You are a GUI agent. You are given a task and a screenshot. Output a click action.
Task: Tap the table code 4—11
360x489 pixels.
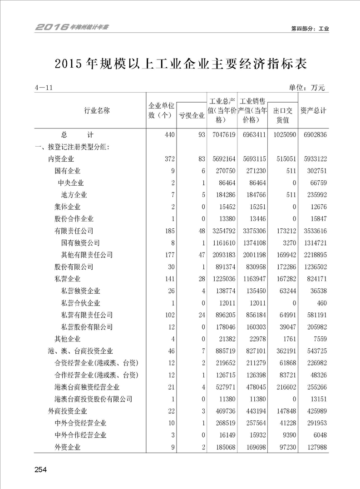[44, 88]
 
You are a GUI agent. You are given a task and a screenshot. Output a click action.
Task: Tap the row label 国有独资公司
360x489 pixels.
[80, 243]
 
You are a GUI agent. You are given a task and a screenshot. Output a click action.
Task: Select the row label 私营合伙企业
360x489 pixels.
[80, 303]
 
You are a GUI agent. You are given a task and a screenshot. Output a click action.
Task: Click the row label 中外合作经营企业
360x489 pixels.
[80, 435]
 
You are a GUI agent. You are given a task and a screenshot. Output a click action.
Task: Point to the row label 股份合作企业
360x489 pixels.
[74, 219]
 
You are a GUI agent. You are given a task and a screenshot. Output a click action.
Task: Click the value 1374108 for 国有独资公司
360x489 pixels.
[252, 243]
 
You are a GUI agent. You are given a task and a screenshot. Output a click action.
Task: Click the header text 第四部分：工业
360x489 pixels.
[310, 28]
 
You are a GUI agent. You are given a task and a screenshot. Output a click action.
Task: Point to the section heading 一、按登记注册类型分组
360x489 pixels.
[72, 147]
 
